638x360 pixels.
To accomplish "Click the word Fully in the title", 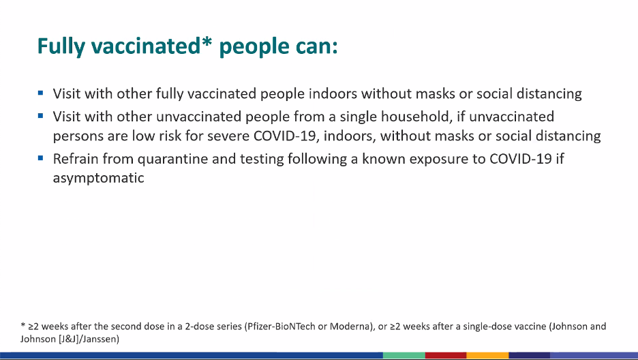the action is tap(61, 46).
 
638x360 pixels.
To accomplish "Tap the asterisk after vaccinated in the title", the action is tap(207, 42).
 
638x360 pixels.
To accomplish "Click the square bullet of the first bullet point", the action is tap(40, 93).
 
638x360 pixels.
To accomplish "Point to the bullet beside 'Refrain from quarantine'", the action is tap(40, 157).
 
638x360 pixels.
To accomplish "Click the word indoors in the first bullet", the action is tap(333, 93).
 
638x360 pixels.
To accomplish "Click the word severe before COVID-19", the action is tap(228, 136).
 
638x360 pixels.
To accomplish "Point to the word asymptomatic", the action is tap(98, 178).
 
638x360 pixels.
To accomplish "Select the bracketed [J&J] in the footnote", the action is tap(69, 339).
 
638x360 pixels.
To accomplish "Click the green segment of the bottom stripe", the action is tap(404, 356).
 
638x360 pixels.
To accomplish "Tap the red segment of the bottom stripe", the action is tap(446, 356).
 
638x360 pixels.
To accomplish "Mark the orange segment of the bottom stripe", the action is tap(488, 356).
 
